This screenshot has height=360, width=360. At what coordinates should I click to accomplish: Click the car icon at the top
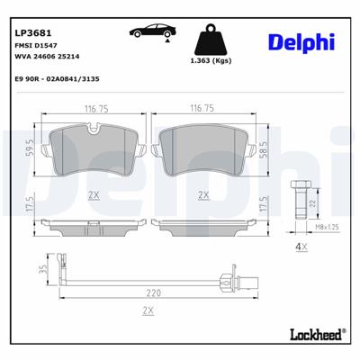(150, 31)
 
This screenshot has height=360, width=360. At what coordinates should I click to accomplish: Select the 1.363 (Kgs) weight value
(211, 61)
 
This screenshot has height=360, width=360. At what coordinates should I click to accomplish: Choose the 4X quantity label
(301, 247)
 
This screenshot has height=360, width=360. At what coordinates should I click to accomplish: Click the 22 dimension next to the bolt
(311, 205)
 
